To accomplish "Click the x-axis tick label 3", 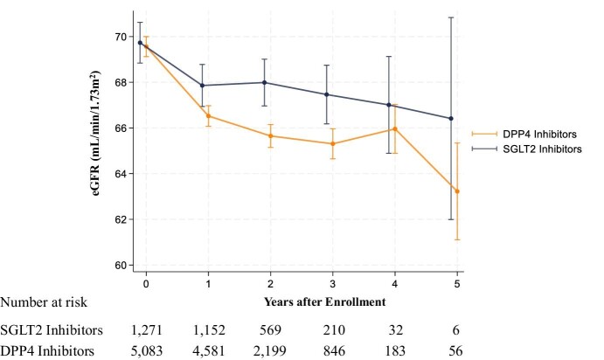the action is coord(333,284).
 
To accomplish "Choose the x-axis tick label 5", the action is coord(457,284).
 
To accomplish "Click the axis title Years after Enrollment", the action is coord(325,301).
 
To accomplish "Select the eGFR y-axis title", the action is coord(96,133).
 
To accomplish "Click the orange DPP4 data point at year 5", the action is coord(457,191).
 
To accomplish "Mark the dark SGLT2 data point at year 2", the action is coord(264,82).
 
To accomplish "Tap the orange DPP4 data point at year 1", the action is coord(208,116).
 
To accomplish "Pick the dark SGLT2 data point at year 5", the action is coord(451,119).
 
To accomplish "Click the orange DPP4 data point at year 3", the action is coord(333,143).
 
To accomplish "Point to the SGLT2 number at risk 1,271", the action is coord(147,330).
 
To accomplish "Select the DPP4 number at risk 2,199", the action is coord(270,351).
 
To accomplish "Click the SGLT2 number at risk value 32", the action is coord(396,330).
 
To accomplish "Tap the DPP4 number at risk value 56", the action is coord(455,351).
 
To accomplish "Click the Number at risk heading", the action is coord(44,302).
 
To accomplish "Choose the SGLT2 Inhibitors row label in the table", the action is coord(52,330).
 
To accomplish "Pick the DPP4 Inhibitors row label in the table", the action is coord(47,351).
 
